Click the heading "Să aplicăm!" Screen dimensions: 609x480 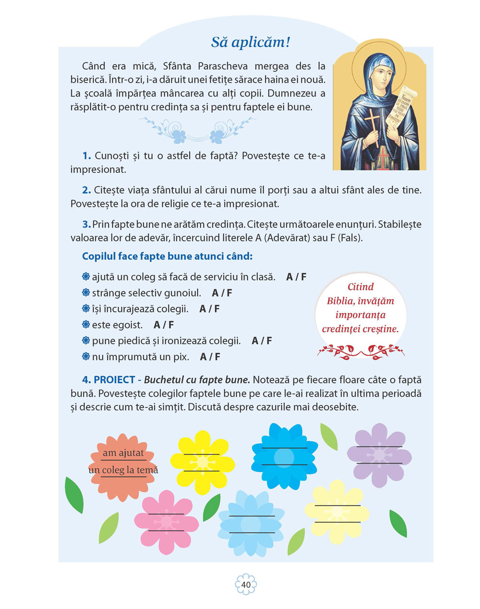click(251, 42)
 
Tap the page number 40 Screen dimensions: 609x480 click(246, 585)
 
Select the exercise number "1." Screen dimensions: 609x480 click(87, 156)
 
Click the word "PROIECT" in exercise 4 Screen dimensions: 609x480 click(114, 380)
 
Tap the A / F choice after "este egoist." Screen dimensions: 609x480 click(164, 325)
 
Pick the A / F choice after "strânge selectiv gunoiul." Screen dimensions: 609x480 click(222, 293)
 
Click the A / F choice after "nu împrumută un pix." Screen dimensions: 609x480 click(210, 357)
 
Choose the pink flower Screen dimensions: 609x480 click(166, 522)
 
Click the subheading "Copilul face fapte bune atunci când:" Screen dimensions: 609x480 click(167, 256)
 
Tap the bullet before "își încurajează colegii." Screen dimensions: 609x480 click(86, 309)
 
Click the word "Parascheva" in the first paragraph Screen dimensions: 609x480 click(224, 66)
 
